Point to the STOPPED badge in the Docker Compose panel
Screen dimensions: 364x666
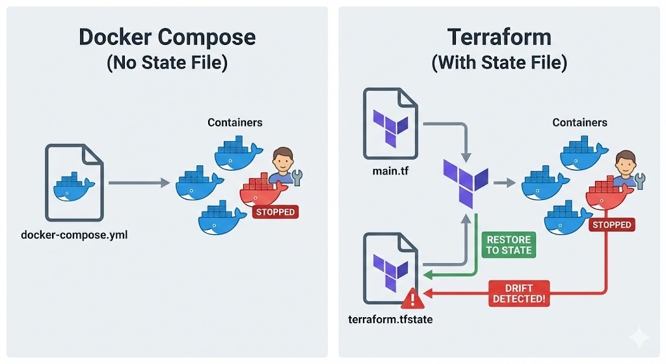275,212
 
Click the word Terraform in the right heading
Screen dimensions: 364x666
499,37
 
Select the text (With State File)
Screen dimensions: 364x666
499,63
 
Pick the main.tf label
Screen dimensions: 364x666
390,171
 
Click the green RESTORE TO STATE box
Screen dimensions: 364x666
508,244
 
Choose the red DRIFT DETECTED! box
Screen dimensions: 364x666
518,293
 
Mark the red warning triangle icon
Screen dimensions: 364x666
411,300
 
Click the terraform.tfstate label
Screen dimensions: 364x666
390,321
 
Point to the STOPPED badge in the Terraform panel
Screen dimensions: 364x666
611,225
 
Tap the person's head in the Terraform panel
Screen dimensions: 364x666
624,160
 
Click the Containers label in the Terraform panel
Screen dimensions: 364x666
579,122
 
